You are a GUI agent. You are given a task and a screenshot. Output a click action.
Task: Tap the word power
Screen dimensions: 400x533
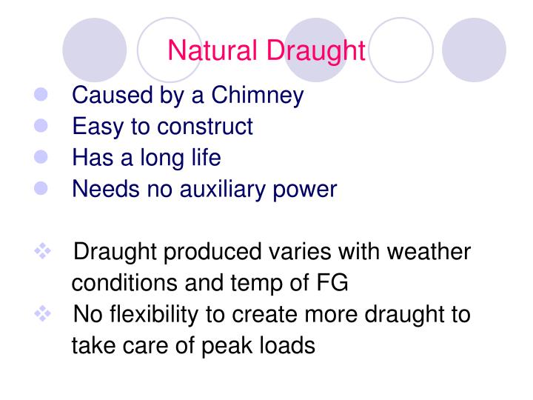coord(306,189)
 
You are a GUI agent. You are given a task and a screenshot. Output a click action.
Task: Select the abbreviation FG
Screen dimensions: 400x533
coord(332,283)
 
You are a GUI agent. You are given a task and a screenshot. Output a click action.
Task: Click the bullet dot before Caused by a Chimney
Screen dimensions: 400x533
coord(41,96)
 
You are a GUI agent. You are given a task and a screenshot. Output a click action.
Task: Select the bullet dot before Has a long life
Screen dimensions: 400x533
coord(41,158)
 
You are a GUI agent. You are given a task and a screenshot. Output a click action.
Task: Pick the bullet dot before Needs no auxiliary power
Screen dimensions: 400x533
coord(41,189)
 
